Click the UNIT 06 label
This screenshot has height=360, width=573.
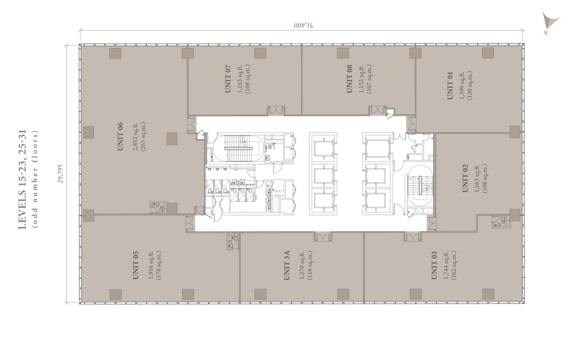[x=120, y=137]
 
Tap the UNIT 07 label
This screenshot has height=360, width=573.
[x=228, y=79]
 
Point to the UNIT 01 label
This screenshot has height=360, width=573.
[x=450, y=86]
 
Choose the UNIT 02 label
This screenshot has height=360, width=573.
[x=465, y=178]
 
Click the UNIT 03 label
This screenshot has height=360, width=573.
[x=434, y=265]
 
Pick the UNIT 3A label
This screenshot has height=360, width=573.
[x=287, y=265]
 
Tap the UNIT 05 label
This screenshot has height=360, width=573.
[x=136, y=265]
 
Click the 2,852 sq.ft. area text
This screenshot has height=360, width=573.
[x=136, y=137]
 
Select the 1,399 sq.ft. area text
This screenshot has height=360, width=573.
[x=462, y=86]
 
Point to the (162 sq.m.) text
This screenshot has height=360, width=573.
[x=454, y=265]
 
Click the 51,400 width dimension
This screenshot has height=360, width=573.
[x=304, y=25]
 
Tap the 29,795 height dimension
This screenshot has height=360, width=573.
[x=60, y=174]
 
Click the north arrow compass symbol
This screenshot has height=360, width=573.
[x=550, y=22]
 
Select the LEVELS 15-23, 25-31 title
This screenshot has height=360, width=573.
[x=23, y=180]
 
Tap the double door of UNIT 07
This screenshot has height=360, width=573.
[x=276, y=110]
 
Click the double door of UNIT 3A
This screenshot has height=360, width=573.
[x=323, y=237]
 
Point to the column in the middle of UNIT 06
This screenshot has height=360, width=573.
[x=172, y=139]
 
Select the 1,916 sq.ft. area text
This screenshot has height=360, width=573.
[x=151, y=265]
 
